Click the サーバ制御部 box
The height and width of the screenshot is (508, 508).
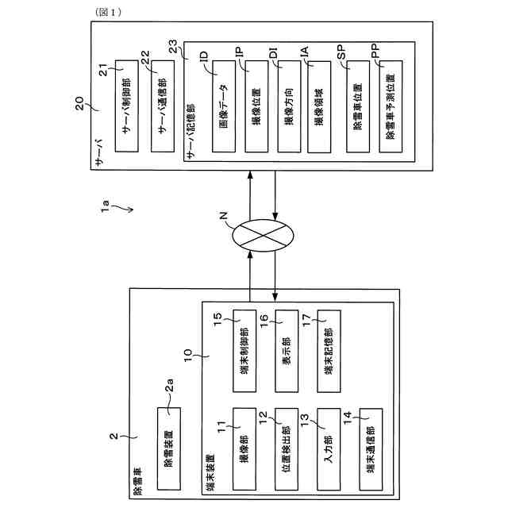coord(128,104)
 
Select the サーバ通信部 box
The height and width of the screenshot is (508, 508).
coord(164,104)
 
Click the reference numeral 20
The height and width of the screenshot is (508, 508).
coord(79,103)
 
